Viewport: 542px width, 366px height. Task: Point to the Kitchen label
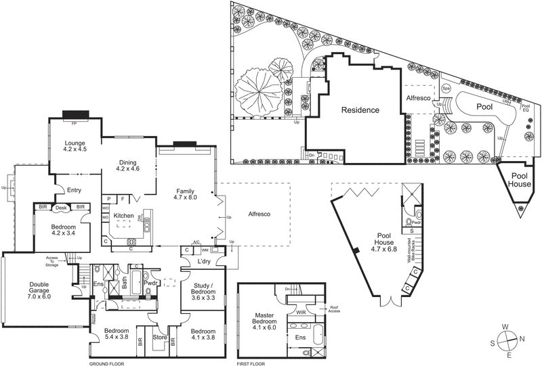point(124,215)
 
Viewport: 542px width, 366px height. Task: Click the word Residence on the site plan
point(360,110)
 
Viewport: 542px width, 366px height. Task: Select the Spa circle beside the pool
point(446,89)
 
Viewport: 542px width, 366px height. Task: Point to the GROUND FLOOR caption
point(108,363)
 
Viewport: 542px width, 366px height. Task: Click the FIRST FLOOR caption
point(252,363)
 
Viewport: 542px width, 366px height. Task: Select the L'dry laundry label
point(206,261)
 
